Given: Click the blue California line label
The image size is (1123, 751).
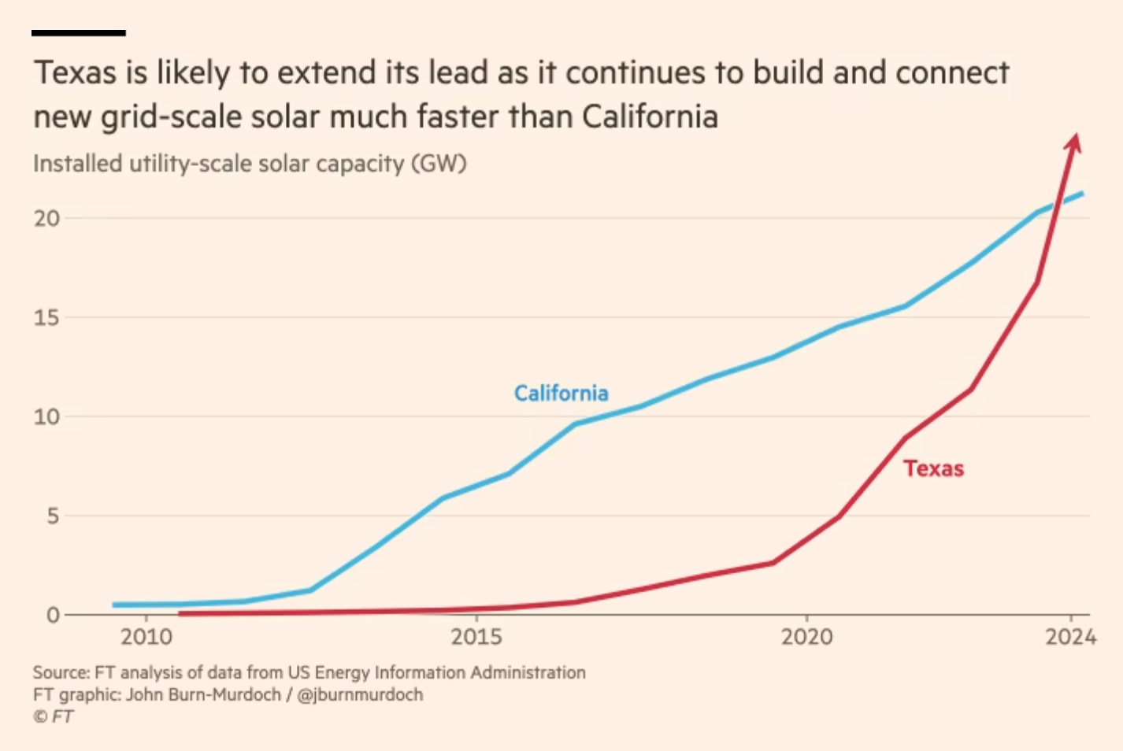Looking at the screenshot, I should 561,393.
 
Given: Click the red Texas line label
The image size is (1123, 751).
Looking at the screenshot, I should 933,468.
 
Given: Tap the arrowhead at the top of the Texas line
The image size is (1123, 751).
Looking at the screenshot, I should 1073,142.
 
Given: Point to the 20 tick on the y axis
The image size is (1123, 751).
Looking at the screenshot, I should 46,218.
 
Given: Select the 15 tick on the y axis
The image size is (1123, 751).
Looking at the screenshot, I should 46,317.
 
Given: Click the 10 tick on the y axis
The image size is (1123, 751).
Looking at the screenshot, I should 46,416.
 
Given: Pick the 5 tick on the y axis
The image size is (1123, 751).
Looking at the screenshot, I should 53,516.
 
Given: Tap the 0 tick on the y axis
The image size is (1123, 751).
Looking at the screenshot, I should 53,615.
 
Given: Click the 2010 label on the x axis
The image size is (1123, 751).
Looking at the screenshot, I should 146,636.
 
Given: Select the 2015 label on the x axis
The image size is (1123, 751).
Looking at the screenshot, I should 476,636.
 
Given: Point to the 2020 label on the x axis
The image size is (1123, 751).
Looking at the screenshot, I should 806,636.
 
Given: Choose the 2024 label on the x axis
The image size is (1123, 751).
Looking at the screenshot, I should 1070,636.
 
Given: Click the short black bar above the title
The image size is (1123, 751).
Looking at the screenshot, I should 79,33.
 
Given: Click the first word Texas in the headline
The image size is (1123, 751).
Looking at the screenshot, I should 75,73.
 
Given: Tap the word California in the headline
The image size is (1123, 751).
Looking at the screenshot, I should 650,117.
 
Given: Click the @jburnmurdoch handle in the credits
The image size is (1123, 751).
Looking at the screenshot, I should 360,694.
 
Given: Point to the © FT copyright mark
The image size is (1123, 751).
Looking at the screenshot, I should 53,716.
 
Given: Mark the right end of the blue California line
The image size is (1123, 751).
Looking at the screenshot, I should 1082,194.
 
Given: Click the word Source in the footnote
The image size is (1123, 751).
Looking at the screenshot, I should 61,672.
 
